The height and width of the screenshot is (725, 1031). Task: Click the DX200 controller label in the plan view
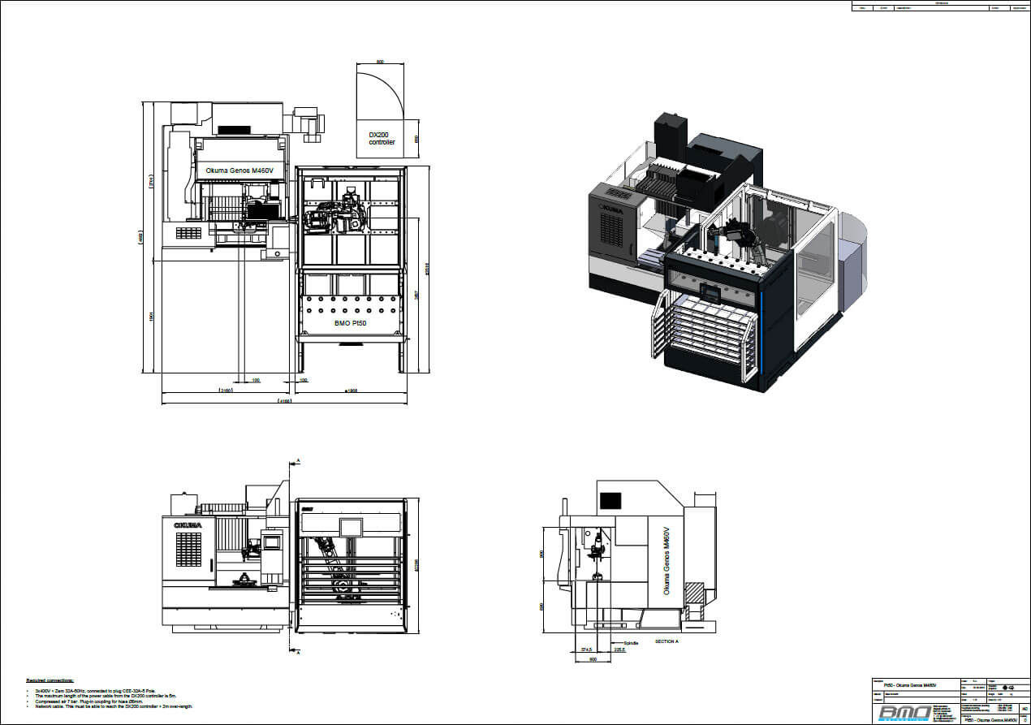pos(382,138)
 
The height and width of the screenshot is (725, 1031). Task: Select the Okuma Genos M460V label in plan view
pos(239,170)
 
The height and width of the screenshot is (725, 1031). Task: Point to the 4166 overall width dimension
pos(284,401)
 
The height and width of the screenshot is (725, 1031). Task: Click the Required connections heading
pos(50,680)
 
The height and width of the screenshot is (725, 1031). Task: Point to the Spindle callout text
pos(632,641)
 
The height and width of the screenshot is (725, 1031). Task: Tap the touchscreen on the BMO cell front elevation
pos(351,526)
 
